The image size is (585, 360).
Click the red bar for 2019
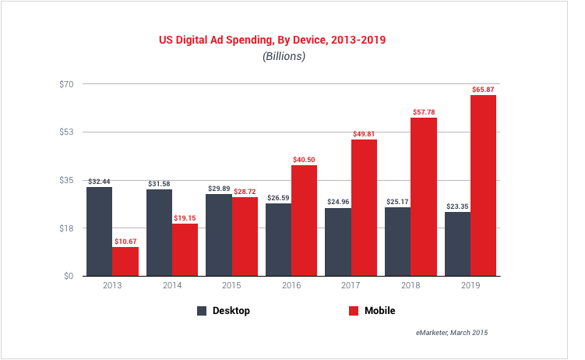[x=483, y=185]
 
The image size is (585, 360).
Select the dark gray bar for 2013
[x=99, y=231]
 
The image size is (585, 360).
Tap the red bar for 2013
[x=125, y=261]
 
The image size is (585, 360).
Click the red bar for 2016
[x=305, y=221]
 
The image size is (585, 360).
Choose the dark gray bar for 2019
[x=457, y=244]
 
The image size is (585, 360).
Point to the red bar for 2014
[x=185, y=249]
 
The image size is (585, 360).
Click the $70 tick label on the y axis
[x=67, y=84]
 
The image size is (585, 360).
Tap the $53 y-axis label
[x=67, y=132]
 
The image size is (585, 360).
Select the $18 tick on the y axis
[x=67, y=228]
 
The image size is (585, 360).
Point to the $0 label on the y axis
[x=69, y=276]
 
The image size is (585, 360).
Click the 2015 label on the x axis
[x=231, y=286]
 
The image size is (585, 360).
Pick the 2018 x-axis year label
[x=411, y=286]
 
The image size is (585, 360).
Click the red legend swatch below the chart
[x=353, y=310]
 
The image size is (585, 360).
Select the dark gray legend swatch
[x=202, y=310]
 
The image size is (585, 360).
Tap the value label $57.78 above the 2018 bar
[x=424, y=112]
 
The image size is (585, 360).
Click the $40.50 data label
[x=305, y=160]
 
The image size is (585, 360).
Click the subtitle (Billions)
[x=284, y=56]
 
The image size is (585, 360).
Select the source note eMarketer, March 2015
[x=451, y=332]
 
